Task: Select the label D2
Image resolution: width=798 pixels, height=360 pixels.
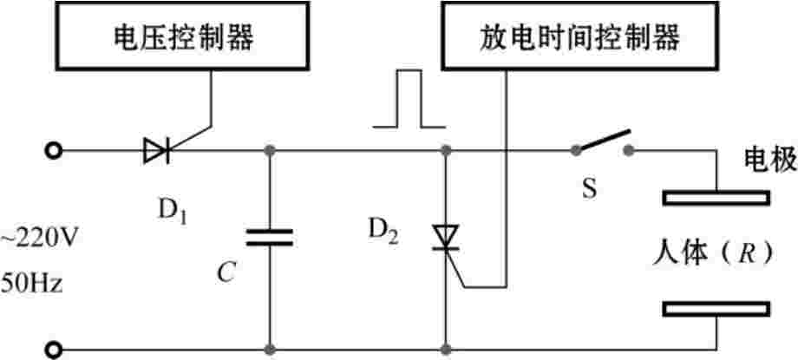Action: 382,231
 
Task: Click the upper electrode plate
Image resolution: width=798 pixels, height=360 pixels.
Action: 716,199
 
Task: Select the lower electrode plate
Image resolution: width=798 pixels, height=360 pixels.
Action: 716,309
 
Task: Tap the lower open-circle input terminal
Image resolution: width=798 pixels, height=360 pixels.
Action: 54,350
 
